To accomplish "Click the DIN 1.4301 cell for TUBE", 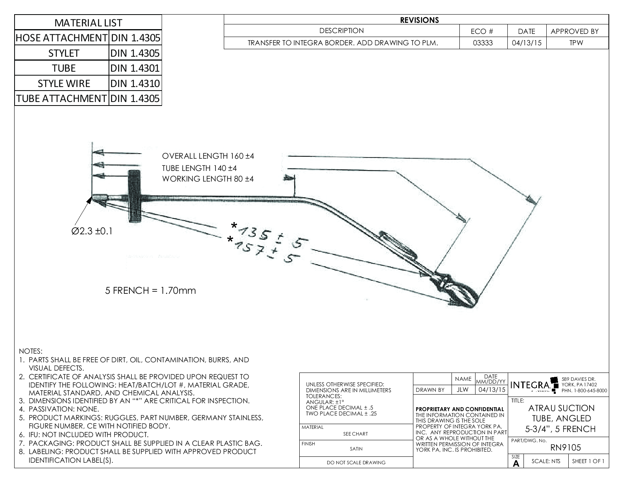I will click(x=135, y=68).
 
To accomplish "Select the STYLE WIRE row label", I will click(x=64, y=83).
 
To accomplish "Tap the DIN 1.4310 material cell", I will click(x=135, y=83).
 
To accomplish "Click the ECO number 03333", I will click(x=483, y=43).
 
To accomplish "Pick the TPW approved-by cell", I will click(x=576, y=43).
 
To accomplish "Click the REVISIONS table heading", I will click(x=419, y=20).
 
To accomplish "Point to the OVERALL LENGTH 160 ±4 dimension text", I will click(x=208, y=156).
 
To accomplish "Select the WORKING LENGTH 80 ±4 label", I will click(x=208, y=179).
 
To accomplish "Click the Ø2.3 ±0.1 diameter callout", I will click(x=92, y=231).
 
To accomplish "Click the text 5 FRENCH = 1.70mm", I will click(x=151, y=291).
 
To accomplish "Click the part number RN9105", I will click(x=565, y=447).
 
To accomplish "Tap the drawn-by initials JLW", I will click(x=463, y=390).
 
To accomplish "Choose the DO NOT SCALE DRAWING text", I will click(x=356, y=463).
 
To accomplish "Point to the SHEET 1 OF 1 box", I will click(x=588, y=462).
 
